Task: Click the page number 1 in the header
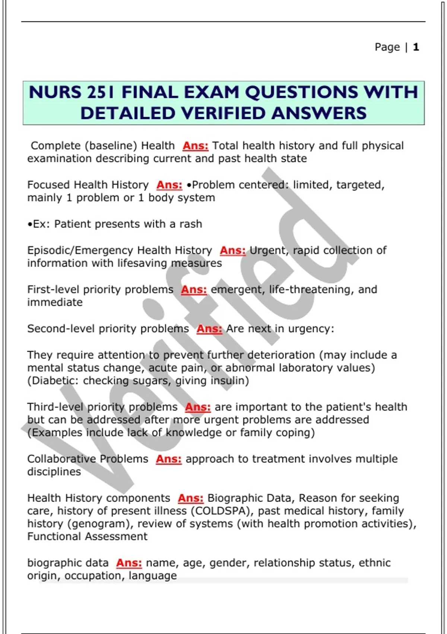click(x=416, y=47)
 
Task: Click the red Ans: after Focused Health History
click(x=169, y=185)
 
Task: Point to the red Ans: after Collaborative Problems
click(x=168, y=459)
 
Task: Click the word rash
click(x=191, y=224)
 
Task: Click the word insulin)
click(x=230, y=381)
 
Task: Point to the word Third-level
click(x=55, y=407)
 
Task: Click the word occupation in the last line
click(x=95, y=576)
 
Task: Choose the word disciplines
click(x=54, y=472)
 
